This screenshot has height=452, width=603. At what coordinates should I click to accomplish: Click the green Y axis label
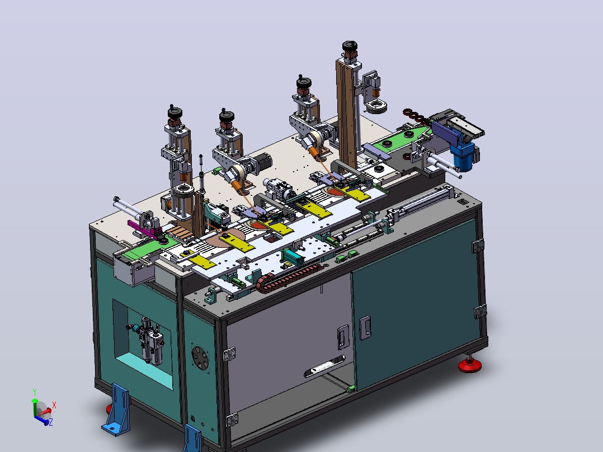coord(35,392)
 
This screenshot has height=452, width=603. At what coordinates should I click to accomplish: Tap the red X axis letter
coord(54,405)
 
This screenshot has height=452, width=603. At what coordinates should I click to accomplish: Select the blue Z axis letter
coord(51,422)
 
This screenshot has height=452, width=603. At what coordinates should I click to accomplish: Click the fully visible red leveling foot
coord(469,365)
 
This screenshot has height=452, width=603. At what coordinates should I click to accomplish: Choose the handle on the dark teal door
coord(365,328)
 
